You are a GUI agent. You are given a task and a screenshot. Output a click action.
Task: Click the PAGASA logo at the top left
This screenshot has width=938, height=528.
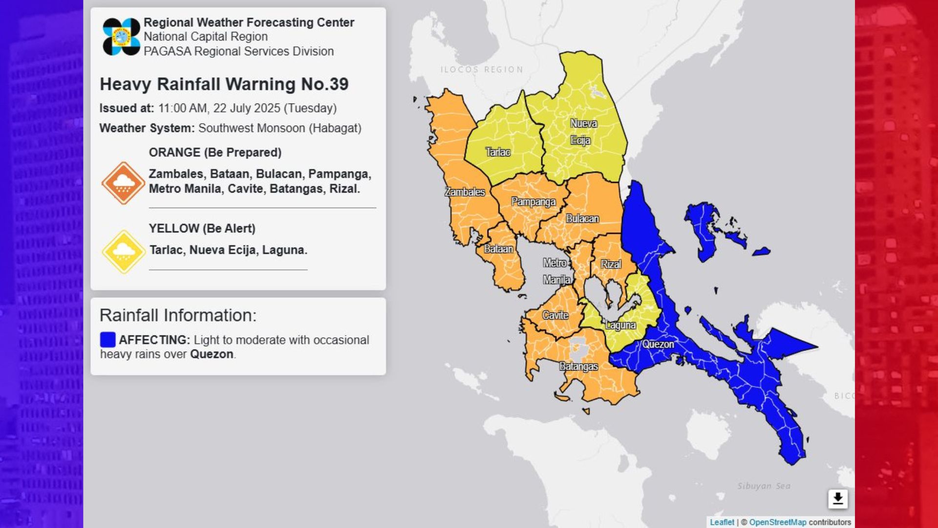(x=121, y=37)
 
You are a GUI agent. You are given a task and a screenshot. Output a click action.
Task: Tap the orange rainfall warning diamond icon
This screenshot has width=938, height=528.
(x=123, y=183)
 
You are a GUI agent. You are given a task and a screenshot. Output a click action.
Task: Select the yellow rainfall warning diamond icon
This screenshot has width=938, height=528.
(x=123, y=252)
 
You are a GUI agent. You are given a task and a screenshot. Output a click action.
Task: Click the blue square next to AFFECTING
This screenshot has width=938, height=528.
(x=107, y=339)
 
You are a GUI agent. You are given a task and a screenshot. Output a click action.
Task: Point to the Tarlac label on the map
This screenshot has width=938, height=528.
(x=497, y=152)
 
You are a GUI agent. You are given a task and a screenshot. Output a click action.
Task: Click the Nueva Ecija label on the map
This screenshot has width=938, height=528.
(x=583, y=132)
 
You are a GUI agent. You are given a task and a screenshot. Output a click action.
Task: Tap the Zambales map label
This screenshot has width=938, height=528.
(x=465, y=192)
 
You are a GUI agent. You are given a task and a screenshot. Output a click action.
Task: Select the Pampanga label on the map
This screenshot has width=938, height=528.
(x=533, y=202)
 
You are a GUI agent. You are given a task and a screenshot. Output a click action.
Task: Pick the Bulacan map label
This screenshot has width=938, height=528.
(x=582, y=219)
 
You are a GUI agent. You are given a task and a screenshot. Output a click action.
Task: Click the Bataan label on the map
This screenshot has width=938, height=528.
(x=498, y=249)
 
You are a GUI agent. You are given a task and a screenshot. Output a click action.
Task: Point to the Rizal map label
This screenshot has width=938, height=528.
(x=611, y=264)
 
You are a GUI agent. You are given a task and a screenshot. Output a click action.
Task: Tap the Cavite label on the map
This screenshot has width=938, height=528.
(x=555, y=315)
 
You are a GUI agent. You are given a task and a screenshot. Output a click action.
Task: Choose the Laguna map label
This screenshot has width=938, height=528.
(x=620, y=325)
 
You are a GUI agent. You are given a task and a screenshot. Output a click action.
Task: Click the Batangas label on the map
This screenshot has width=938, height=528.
(x=578, y=366)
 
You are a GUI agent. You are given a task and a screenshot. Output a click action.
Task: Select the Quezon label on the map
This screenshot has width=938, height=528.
(x=658, y=344)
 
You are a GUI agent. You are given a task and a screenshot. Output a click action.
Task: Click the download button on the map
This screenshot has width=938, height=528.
(x=837, y=499)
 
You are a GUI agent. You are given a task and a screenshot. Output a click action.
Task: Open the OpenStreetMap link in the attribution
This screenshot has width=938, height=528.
(x=777, y=522)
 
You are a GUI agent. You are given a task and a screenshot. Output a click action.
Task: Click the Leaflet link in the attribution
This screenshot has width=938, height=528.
(x=722, y=522)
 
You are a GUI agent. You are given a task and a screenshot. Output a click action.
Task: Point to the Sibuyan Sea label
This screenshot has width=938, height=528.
(x=764, y=486)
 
